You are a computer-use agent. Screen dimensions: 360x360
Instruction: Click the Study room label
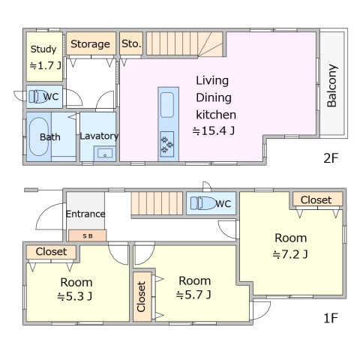click(43, 49)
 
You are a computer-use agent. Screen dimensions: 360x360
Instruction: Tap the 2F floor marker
click(331, 158)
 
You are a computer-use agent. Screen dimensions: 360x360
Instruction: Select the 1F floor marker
click(331, 318)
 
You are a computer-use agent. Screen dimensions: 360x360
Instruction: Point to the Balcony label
click(332, 85)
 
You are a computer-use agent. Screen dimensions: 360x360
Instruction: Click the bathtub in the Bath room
click(38, 136)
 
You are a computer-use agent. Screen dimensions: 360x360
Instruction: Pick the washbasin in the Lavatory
click(105, 153)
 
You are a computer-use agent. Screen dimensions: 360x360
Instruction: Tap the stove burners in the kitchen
click(167, 144)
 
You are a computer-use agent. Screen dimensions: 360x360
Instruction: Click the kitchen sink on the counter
click(167, 105)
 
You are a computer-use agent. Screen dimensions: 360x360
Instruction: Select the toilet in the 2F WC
click(38, 96)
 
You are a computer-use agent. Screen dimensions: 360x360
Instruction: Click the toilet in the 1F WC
click(202, 202)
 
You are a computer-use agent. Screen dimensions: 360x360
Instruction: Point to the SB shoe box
click(88, 235)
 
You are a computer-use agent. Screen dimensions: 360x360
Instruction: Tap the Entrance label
click(85, 214)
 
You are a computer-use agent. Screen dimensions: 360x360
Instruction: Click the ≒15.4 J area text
click(214, 130)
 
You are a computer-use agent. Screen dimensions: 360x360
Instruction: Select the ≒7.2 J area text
click(290, 254)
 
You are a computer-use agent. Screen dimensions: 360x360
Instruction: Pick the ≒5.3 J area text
click(75, 296)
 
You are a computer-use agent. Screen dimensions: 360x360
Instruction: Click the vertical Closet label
click(141, 297)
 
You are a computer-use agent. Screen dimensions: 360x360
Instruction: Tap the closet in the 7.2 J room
click(317, 199)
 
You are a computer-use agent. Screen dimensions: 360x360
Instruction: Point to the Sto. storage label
click(131, 43)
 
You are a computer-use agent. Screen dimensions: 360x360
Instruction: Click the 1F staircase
click(157, 203)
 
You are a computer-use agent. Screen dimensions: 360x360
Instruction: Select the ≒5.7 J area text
click(193, 295)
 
